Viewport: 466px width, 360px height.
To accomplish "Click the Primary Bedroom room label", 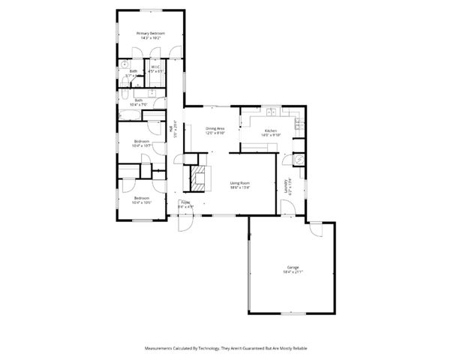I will point(150,34).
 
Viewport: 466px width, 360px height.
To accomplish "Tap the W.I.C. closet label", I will point(156,67).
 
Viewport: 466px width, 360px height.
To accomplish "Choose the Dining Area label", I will point(215,128).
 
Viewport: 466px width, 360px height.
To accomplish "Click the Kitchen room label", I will point(269,130).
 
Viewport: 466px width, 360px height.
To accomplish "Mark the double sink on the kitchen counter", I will point(270,112).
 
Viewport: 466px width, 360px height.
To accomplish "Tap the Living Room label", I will point(239,182).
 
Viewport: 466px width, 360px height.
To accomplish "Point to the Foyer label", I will point(185,202).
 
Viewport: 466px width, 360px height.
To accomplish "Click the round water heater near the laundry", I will point(298,159).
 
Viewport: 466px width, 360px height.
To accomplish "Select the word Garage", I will point(293,267).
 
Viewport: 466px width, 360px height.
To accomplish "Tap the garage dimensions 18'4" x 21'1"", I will point(293,271).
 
